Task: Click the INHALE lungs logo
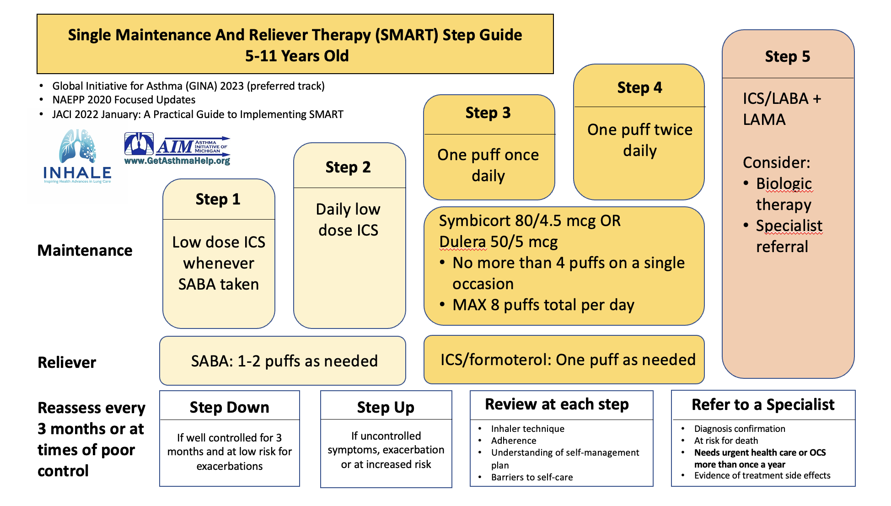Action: pyautogui.click(x=77, y=156)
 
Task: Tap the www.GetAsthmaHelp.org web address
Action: pyautogui.click(x=177, y=161)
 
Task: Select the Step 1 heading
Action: pyautogui.click(x=218, y=199)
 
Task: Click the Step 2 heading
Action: pyautogui.click(x=348, y=167)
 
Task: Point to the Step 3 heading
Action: pyautogui.click(x=488, y=113)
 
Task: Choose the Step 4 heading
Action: pyautogui.click(x=639, y=88)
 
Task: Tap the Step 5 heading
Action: pyautogui.click(x=787, y=57)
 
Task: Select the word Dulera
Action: pyautogui.click(x=462, y=242)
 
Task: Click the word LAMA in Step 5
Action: pyautogui.click(x=764, y=120)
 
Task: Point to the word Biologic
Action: pyautogui.click(x=784, y=183)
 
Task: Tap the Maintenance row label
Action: pyautogui.click(x=85, y=251)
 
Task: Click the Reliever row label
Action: pyautogui.click(x=67, y=362)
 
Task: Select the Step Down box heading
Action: pyautogui.click(x=229, y=407)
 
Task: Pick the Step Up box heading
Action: pyautogui.click(x=386, y=407)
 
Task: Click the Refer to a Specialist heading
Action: pyautogui.click(x=763, y=405)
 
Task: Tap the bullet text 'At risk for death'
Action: pyautogui.click(x=726, y=441)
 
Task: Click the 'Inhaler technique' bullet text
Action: pyautogui.click(x=527, y=429)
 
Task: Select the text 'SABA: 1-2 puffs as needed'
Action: pyautogui.click(x=284, y=361)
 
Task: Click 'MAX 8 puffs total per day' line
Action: pyautogui.click(x=543, y=305)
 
